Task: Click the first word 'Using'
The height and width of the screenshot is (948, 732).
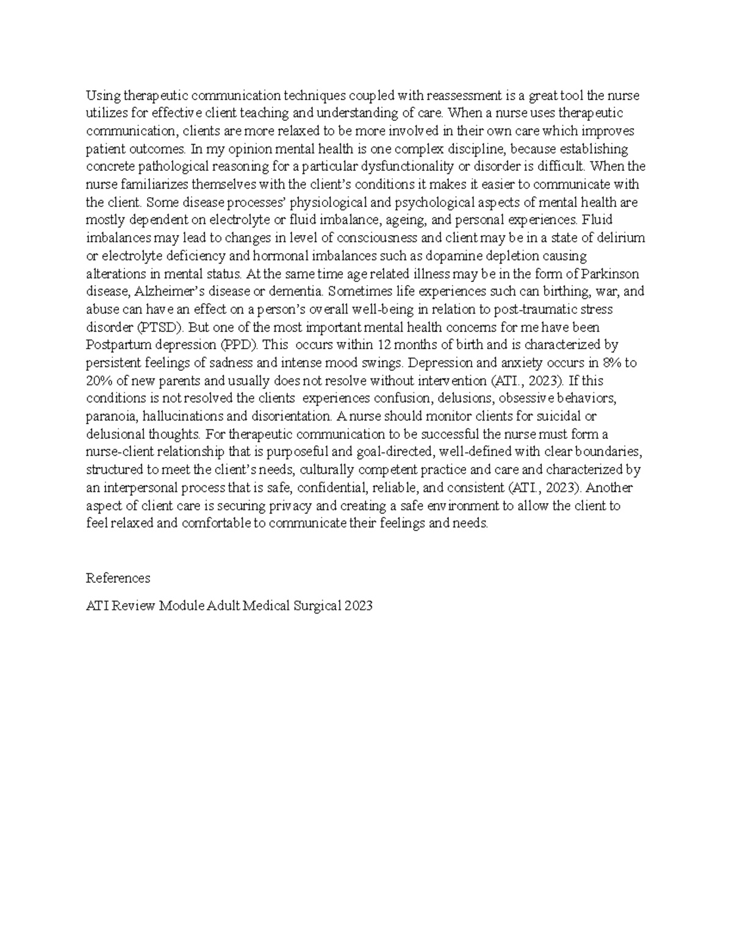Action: [102, 95]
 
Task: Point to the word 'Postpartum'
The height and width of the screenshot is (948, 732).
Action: [115, 345]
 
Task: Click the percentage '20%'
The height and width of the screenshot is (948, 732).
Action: [98, 380]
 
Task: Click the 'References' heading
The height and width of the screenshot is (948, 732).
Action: [118, 578]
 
